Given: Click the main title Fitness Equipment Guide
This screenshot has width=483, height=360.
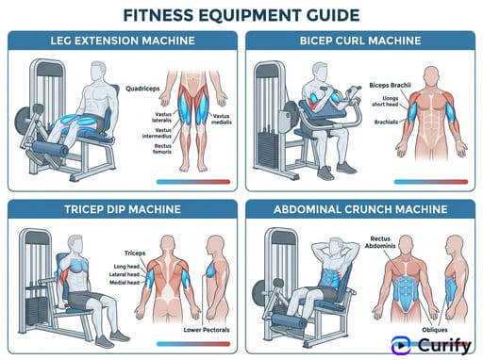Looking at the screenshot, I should (241, 15).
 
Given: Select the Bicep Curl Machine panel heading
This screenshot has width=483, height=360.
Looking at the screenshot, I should (361, 41).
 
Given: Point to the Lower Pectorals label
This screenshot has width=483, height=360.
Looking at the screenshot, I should (208, 332).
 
